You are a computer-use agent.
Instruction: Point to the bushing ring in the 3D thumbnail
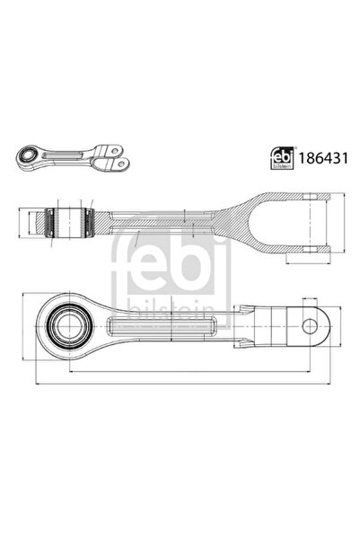(x=29, y=156)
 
